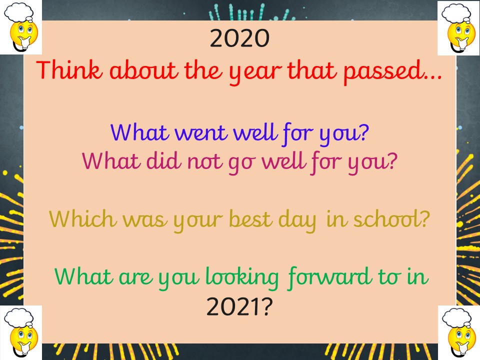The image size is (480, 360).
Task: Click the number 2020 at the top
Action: pos(239,38)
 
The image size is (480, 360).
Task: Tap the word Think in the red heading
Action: pos(69,70)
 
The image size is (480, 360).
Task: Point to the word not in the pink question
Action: pos(204,161)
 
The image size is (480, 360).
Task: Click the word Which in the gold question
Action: pos(82,219)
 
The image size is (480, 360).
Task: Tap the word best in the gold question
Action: pos(250,219)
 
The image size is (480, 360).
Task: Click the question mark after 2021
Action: pos(266,306)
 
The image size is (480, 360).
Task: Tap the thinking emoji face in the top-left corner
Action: pos(24,35)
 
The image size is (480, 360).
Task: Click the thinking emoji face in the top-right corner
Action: pos(461,35)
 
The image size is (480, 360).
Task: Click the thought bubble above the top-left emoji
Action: pos(19,12)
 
